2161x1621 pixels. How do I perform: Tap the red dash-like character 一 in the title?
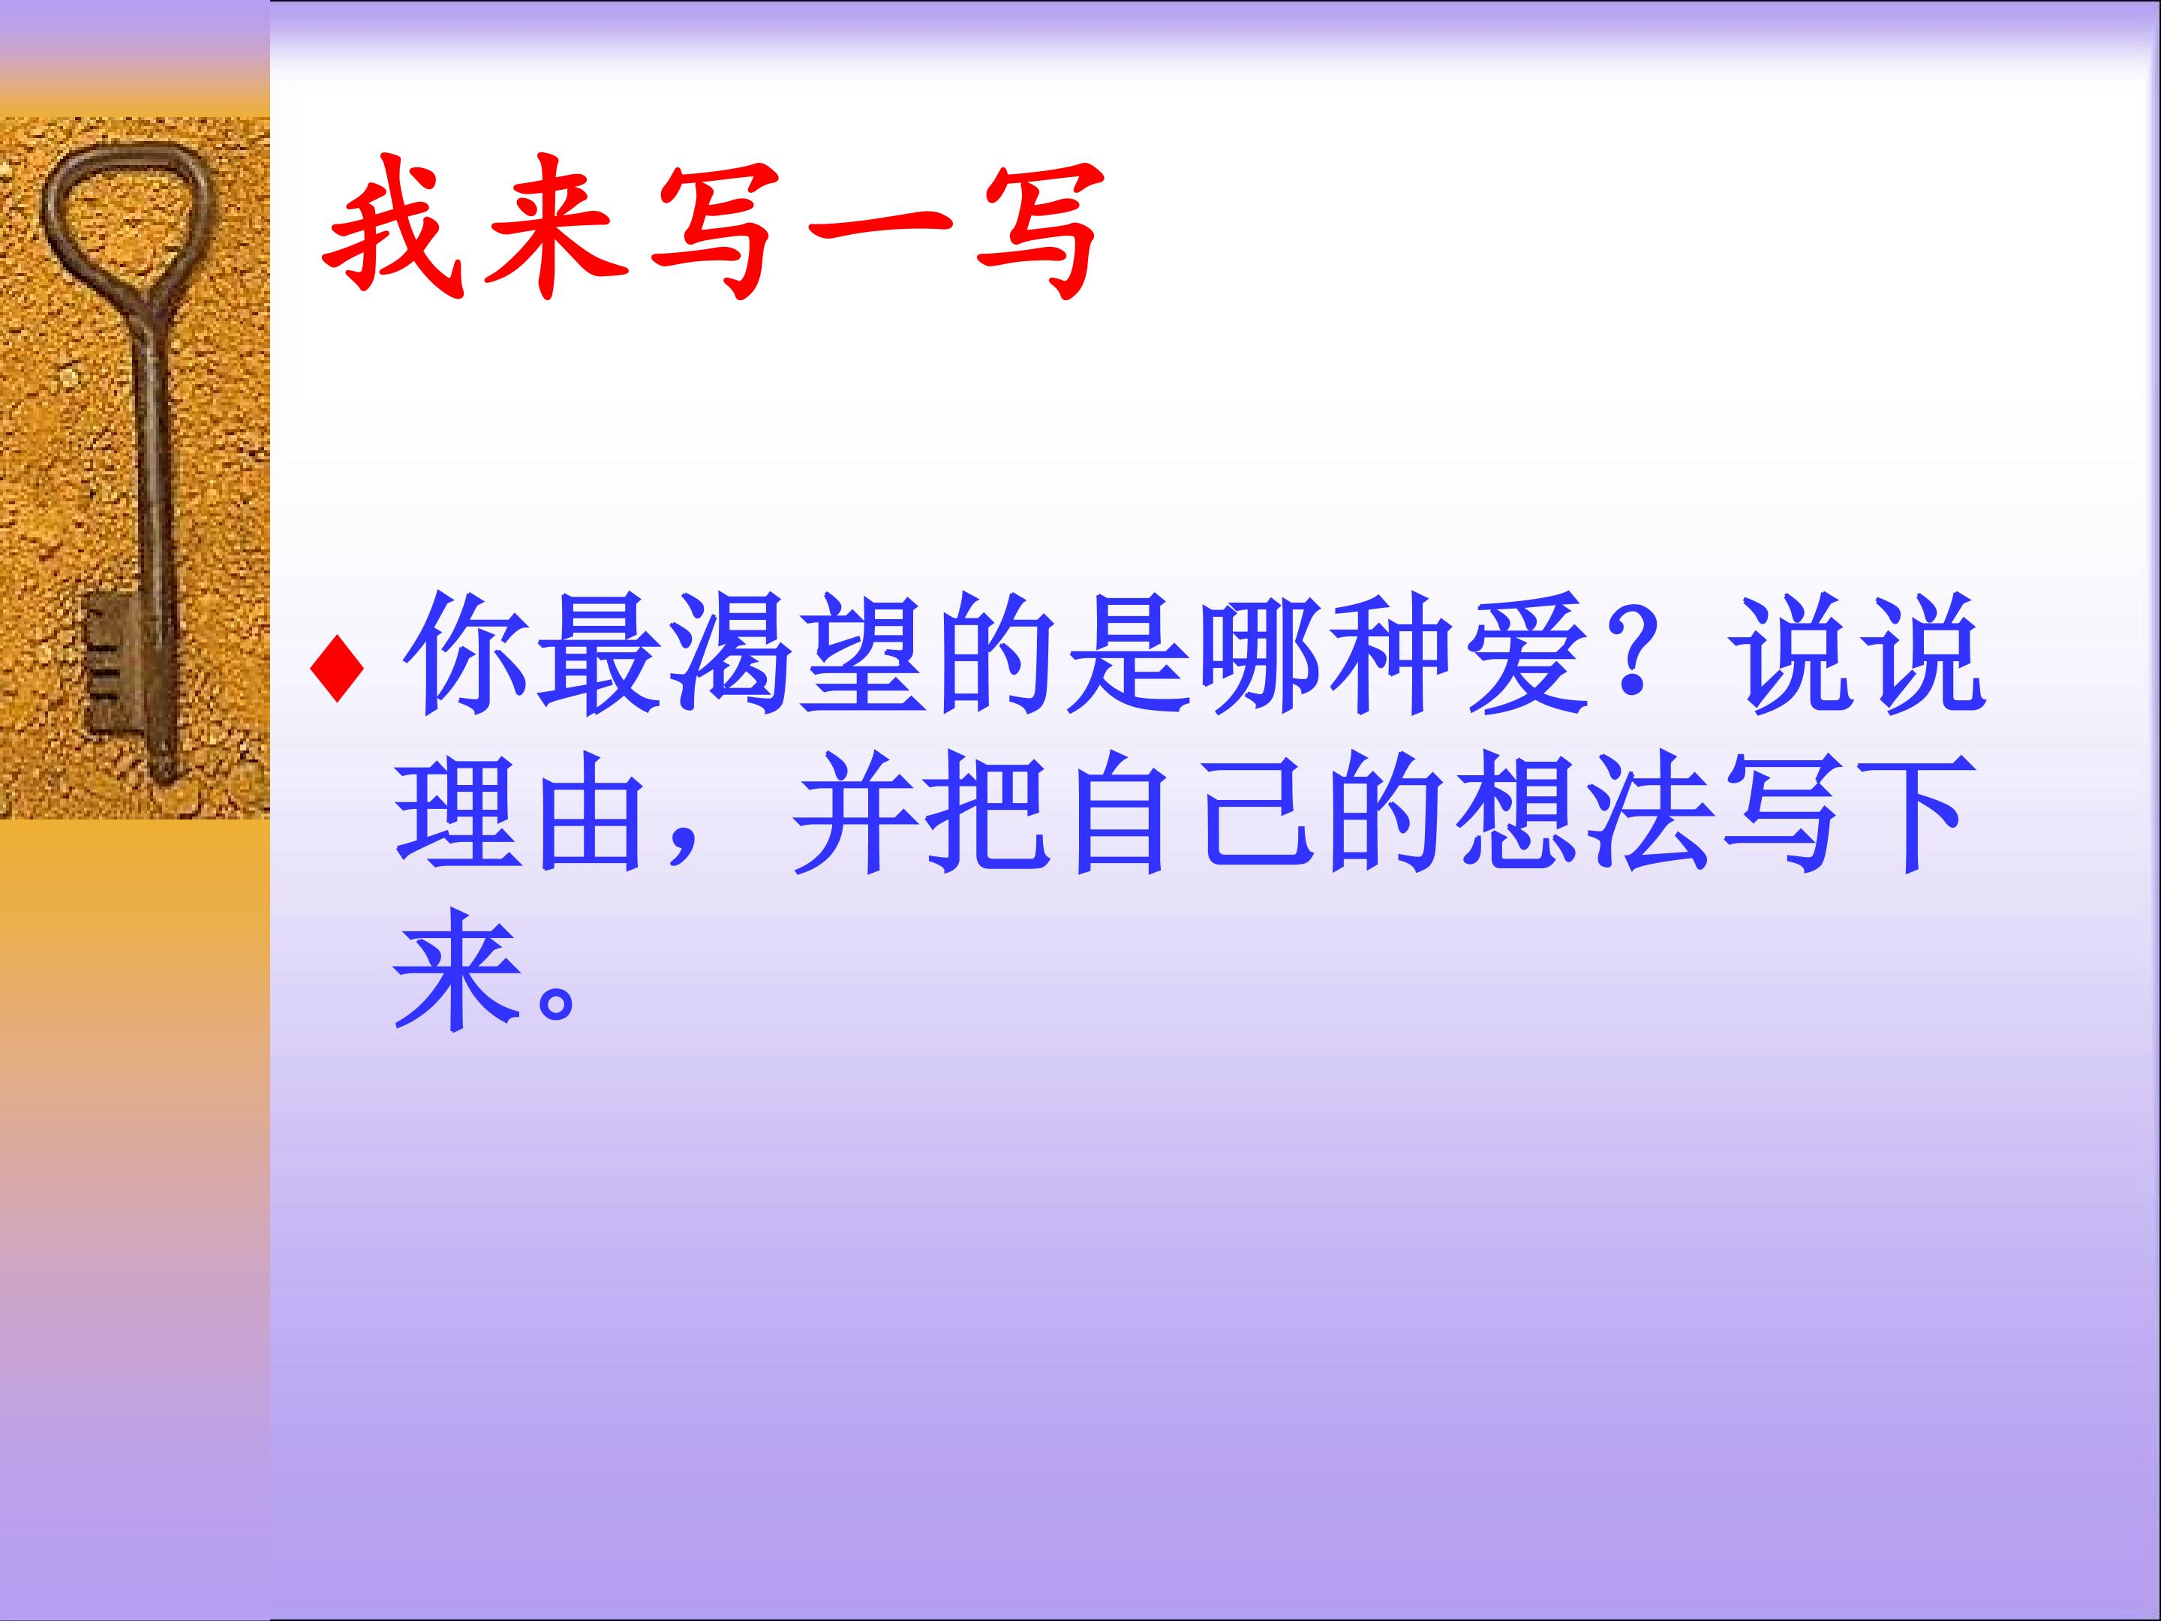click(x=880, y=230)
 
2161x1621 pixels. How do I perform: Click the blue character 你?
click(x=465, y=654)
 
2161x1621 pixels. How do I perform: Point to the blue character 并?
click(x=857, y=812)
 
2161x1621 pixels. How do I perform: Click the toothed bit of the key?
click(x=110, y=663)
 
